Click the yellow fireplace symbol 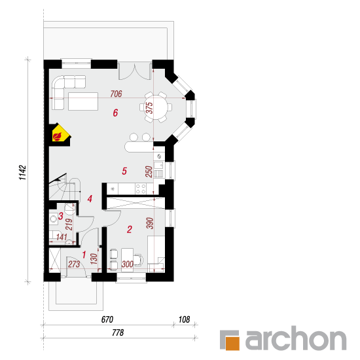[60, 134]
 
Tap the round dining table [156, 107]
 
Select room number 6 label [115, 113]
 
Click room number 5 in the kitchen [124, 171]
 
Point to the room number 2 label [130, 229]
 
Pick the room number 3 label [61, 216]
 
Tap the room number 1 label [84, 255]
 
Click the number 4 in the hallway [90, 199]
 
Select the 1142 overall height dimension [23, 172]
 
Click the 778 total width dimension [118, 333]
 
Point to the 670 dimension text [107, 319]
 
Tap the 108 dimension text [184, 319]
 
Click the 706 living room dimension [116, 94]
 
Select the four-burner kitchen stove [141, 189]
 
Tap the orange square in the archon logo [232, 343]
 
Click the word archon [296, 338]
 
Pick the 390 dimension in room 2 [150, 223]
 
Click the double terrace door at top [135, 71]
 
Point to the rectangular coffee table [83, 101]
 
